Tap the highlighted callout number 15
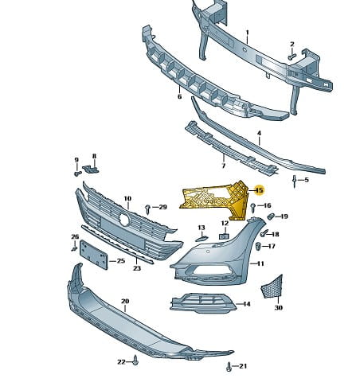[x=259, y=190]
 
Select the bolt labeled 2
[x=292, y=57]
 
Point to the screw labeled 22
[x=135, y=360]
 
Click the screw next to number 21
[x=229, y=367]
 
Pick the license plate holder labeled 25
[x=94, y=255]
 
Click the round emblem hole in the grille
[x=124, y=220]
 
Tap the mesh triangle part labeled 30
[x=272, y=287]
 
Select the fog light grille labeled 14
[x=203, y=303]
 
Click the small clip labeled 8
[x=90, y=169]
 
